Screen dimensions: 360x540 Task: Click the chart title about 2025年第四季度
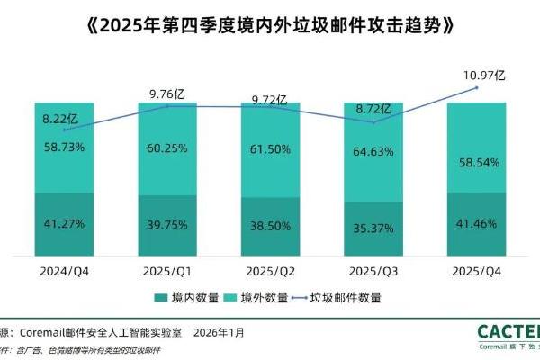pos(270,24)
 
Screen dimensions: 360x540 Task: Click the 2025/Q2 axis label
pos(270,270)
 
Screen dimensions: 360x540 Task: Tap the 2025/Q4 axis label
pos(476,270)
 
